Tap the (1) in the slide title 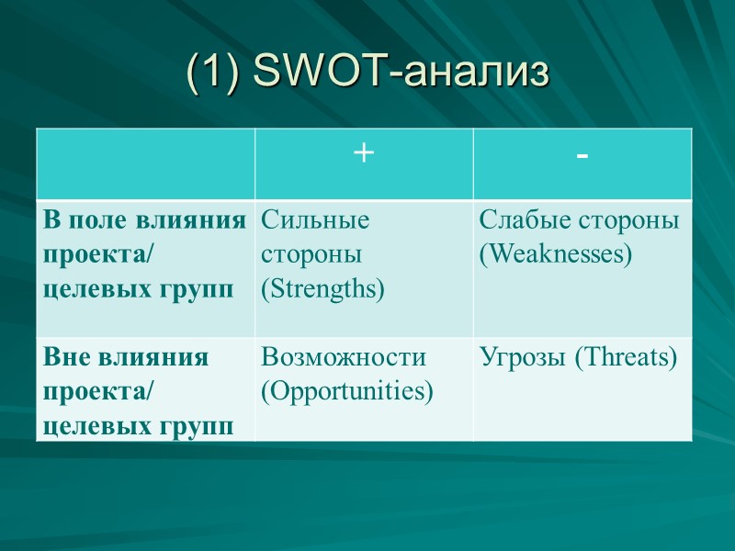pos(213,73)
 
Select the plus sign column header pos(364,154)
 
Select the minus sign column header pos(582,156)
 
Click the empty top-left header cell pos(146,163)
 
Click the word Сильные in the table pos(315,220)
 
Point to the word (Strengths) pos(322,289)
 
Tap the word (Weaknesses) pos(556,254)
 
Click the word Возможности pos(344,357)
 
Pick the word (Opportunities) pos(346,391)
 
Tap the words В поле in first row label pos(83,220)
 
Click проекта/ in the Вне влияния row pos(98,392)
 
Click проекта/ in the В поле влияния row pos(98,255)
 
